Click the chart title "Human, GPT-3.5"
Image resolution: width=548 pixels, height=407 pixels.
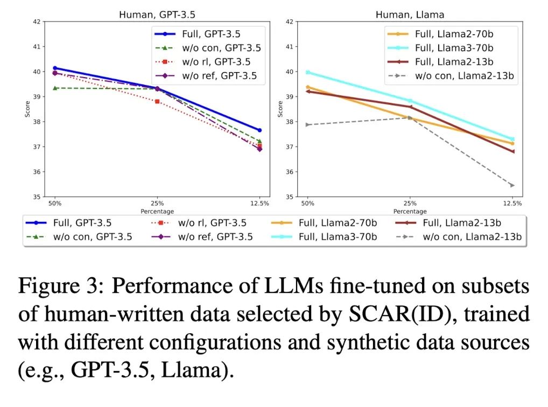157,15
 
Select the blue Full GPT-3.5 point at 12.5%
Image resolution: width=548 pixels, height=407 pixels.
259,130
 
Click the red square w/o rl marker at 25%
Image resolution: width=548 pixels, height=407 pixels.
157,101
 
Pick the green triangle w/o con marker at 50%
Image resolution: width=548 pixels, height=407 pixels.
55,88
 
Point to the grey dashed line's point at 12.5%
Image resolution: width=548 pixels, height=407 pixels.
512,185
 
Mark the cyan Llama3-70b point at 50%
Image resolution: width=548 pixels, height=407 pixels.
307,72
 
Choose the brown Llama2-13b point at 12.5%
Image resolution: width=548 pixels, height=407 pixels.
512,152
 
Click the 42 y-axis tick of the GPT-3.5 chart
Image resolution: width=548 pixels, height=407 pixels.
36,22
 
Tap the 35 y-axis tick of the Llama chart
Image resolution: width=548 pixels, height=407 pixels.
289,197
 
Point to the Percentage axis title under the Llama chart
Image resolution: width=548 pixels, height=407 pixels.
410,212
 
